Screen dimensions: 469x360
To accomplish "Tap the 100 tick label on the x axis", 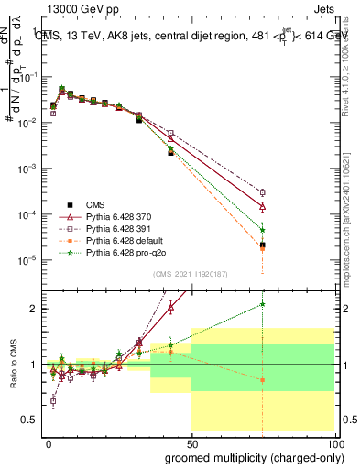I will coord(334,442).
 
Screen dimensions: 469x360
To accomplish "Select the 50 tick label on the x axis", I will coord(191,442).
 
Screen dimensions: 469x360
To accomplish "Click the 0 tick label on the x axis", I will coord(49,442).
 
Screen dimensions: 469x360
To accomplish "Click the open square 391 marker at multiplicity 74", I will coord(263,192).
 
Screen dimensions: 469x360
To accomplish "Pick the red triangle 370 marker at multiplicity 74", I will coord(263,206).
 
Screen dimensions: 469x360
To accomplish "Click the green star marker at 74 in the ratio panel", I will coord(263,303).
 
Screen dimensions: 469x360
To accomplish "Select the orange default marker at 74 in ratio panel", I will coord(263,379).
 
